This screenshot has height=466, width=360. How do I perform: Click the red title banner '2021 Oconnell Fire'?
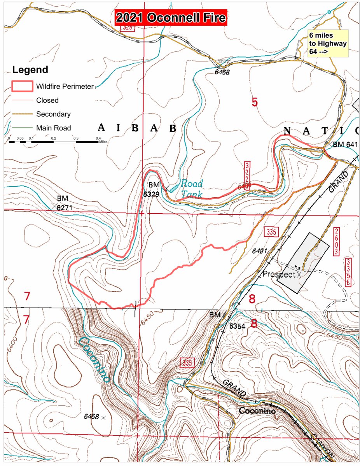click(171, 18)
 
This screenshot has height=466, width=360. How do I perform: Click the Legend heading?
click(30, 70)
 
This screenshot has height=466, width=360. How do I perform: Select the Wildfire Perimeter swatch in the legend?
click(22, 86)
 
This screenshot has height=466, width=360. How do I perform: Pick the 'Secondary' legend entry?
click(53, 114)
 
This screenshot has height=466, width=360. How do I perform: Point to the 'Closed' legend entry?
click(47, 100)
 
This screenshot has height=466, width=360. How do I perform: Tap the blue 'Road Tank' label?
click(190, 189)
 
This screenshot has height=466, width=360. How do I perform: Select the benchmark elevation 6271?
click(65, 208)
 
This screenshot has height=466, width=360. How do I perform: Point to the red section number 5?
click(254, 103)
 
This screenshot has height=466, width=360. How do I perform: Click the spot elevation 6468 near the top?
click(222, 72)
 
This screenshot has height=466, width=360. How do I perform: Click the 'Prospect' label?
click(279, 274)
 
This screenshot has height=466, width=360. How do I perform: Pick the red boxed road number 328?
click(127, 28)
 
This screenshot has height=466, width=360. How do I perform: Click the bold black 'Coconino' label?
click(257, 411)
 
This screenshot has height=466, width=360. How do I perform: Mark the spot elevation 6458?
click(92, 416)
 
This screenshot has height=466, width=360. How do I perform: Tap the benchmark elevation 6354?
click(237, 326)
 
